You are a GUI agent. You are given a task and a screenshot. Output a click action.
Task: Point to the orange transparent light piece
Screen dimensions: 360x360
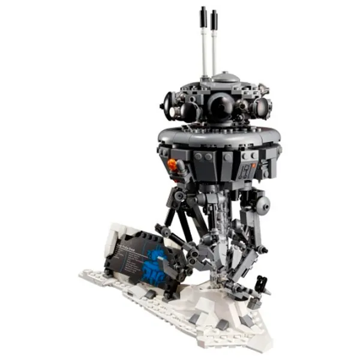172,164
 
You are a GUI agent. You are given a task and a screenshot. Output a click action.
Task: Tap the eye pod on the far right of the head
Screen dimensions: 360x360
262,109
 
